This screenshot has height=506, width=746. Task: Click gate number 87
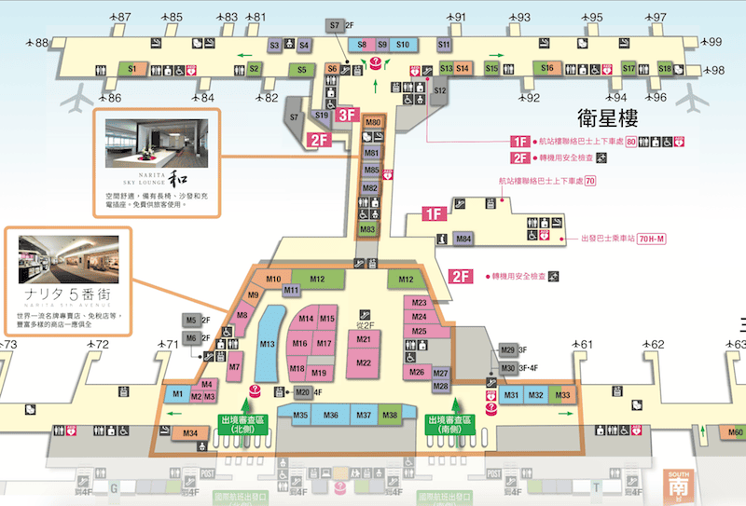tap(124, 18)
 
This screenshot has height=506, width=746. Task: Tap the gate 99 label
tap(715, 42)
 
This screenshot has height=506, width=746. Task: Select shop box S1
tap(132, 69)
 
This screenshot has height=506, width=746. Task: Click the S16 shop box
tap(547, 68)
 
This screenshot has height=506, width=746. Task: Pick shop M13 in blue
tap(268, 345)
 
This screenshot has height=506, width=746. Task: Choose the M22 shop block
tap(364, 362)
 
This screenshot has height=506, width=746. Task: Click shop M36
tap(331, 415)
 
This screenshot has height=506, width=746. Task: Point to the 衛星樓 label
tap(608, 118)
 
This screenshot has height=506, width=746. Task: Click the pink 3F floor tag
tap(348, 115)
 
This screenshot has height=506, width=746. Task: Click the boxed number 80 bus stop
tap(631, 141)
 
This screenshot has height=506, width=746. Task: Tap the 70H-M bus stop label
tap(658, 239)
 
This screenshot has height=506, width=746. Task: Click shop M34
tap(191, 432)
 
